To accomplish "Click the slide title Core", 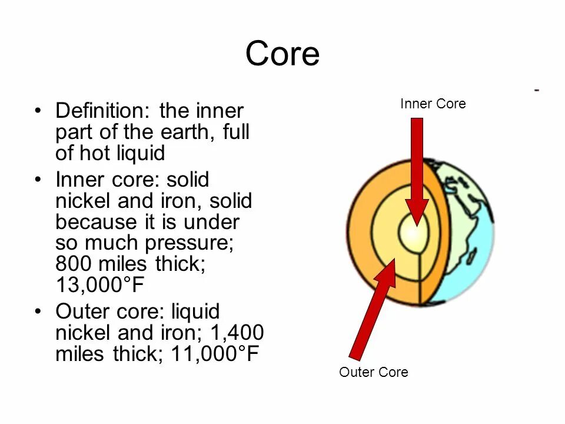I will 282,54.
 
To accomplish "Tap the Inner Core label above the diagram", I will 433,104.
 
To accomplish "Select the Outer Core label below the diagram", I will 374,372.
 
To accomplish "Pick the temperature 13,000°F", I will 99,285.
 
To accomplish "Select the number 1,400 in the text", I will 236,333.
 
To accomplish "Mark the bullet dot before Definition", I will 38,111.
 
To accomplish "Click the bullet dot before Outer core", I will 38,312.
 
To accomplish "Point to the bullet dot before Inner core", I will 38,180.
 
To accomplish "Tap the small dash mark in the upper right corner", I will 537,90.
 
